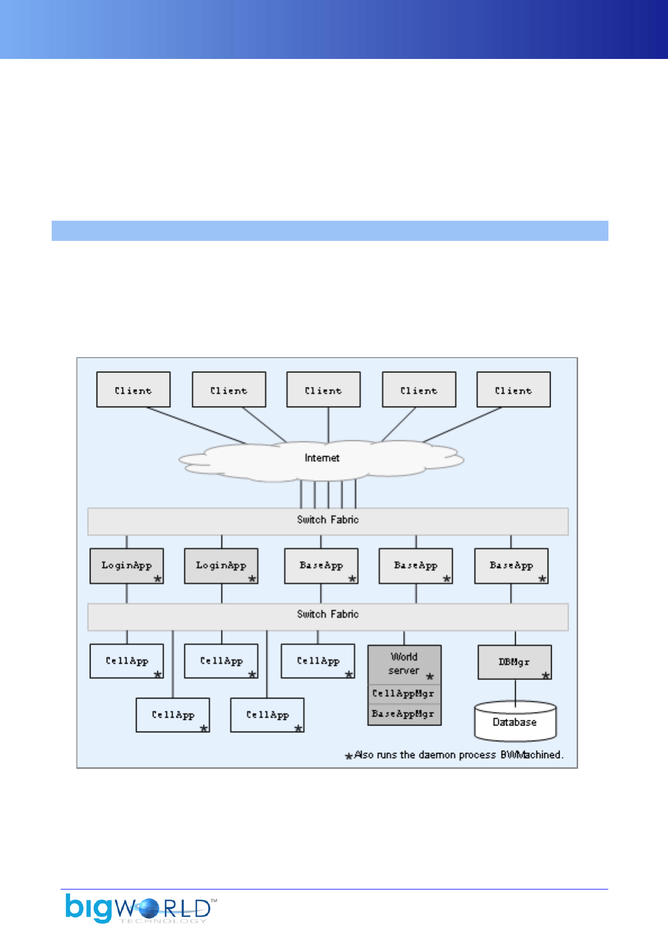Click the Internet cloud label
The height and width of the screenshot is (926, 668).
(x=322, y=458)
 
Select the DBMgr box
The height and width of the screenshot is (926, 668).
(x=514, y=662)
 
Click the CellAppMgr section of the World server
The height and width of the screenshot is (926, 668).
(x=403, y=694)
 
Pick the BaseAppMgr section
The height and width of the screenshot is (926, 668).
(x=403, y=714)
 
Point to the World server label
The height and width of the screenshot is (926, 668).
(x=403, y=664)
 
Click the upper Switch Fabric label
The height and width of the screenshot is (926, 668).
(x=328, y=520)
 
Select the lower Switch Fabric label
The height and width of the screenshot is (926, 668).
(x=328, y=614)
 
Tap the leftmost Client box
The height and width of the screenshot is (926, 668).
(x=133, y=390)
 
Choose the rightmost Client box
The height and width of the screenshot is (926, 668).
(x=513, y=390)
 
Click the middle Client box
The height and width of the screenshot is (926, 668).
(x=323, y=390)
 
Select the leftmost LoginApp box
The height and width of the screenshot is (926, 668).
(x=126, y=565)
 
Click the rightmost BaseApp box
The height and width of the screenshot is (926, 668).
(x=511, y=565)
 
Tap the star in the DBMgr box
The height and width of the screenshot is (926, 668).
(x=546, y=676)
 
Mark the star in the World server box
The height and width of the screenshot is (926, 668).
(x=430, y=676)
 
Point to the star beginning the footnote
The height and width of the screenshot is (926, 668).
(x=349, y=756)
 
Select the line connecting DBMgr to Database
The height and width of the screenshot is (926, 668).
(x=515, y=691)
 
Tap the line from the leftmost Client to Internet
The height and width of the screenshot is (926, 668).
(x=197, y=426)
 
